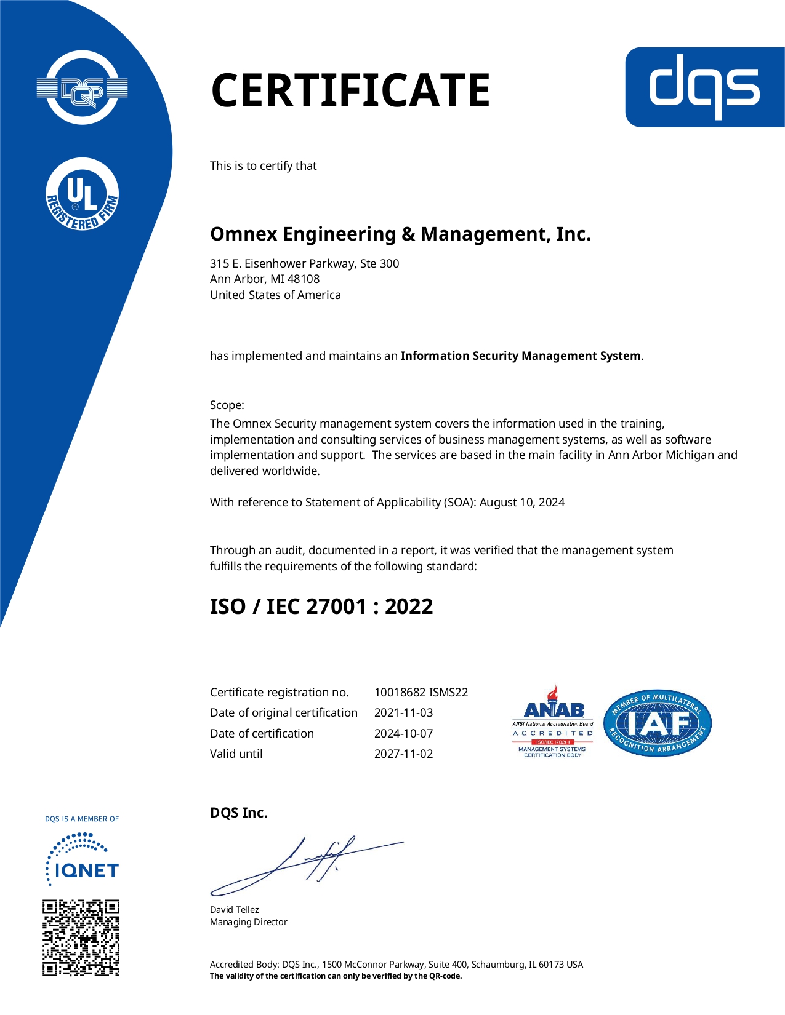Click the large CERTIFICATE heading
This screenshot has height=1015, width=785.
coord(350,90)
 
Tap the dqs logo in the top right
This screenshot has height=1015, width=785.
coord(705,87)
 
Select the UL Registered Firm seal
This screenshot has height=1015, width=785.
coord(83,194)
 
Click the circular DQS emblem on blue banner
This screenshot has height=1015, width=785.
coord(83,88)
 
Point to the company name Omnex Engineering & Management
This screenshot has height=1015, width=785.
coord(400,234)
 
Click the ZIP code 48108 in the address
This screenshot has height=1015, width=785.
coord(304,279)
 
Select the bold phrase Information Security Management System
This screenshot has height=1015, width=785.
coord(520,356)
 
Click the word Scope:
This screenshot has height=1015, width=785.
coord(227,405)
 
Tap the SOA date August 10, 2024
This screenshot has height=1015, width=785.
coord(522,503)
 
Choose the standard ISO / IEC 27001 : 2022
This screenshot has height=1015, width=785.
coord(321,607)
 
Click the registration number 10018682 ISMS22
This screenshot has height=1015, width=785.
coord(421,693)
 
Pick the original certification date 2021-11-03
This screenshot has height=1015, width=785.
coord(403,713)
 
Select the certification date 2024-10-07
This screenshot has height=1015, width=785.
coord(403,734)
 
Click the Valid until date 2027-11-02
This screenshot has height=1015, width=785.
coord(403,754)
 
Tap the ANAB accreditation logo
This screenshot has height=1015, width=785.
coord(553,722)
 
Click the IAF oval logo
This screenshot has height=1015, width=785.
coord(658,723)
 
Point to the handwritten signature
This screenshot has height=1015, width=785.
coord(307,865)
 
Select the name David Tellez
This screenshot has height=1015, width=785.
coord(235,910)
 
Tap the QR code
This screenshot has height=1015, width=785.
coord(81,938)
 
